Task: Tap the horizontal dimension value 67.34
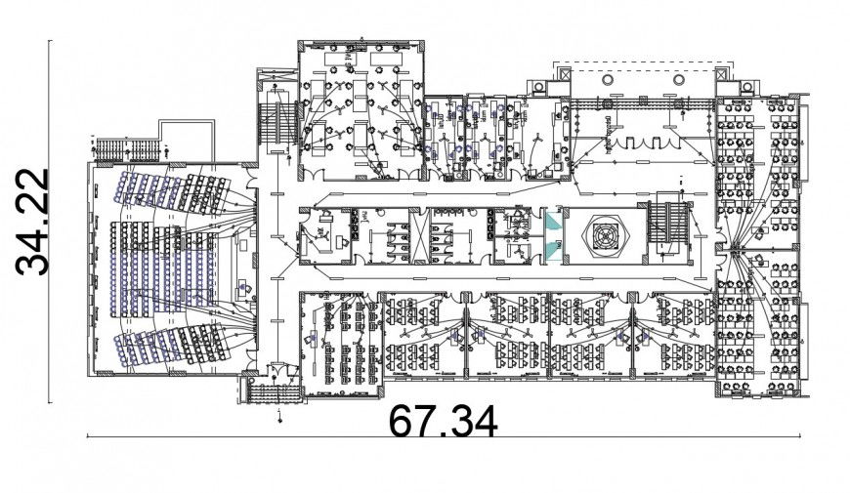(444, 421)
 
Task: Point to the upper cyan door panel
(554, 220)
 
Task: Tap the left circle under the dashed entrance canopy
(607, 79)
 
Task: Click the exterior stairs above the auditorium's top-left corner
(128, 149)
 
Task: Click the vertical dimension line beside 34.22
(52, 222)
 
